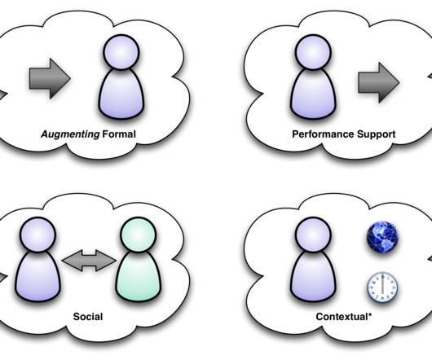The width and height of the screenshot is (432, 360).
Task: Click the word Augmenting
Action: (x=70, y=134)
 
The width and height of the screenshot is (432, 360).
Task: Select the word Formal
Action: (x=119, y=134)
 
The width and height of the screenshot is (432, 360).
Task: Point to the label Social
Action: (x=88, y=317)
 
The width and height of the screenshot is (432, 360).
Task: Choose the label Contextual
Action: (x=342, y=317)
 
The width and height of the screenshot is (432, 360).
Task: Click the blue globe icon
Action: (x=382, y=237)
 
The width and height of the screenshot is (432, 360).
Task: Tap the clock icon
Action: (x=382, y=287)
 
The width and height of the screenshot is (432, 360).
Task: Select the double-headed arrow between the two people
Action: (x=89, y=261)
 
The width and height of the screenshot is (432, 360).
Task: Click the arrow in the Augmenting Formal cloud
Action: (x=50, y=78)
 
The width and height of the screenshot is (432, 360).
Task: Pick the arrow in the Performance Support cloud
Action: (x=378, y=82)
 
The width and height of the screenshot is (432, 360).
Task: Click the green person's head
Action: (x=139, y=235)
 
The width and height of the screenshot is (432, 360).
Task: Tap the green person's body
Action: (x=139, y=277)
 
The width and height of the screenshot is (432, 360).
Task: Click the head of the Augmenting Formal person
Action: (x=121, y=52)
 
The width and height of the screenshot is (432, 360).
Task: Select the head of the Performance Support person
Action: (x=313, y=52)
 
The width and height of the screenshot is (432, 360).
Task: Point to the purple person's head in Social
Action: (x=38, y=235)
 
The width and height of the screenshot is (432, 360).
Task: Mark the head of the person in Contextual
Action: (x=313, y=235)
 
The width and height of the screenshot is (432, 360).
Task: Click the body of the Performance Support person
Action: (x=313, y=94)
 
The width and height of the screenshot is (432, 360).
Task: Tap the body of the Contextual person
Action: (x=313, y=277)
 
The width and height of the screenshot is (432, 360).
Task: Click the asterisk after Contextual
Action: (x=370, y=314)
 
